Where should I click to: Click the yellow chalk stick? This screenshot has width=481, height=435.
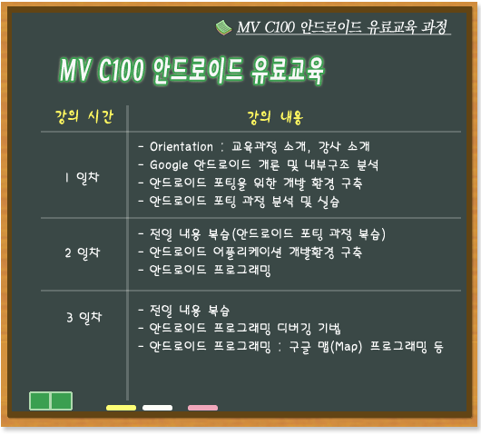click(122, 408)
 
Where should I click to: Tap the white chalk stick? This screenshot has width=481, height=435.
click(157, 408)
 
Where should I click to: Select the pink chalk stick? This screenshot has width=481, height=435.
click(202, 408)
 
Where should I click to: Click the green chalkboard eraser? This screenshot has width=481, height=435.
click(51, 400)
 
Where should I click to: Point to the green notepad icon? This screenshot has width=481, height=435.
click(223, 27)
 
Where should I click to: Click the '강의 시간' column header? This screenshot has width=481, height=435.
click(84, 116)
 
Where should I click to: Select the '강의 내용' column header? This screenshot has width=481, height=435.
click(275, 117)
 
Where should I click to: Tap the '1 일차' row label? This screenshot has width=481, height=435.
click(82, 177)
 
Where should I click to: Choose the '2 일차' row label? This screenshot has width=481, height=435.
click(83, 252)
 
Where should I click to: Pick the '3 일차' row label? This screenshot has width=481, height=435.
click(83, 317)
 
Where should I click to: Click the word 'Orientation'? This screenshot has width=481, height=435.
click(182, 147)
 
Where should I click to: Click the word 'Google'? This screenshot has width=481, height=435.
click(169, 165)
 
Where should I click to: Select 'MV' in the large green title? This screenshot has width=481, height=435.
click(75, 69)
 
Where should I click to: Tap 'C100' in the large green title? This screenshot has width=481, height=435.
click(121, 70)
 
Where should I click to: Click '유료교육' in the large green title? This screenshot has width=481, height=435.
click(287, 70)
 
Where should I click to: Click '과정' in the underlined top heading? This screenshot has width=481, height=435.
click(434, 26)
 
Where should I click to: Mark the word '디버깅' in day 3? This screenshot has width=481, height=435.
click(294, 328)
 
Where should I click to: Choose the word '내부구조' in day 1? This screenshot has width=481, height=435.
click(327, 165)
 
